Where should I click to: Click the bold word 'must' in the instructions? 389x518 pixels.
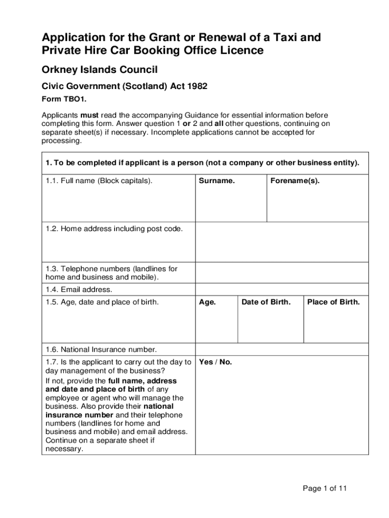click(x=90, y=115)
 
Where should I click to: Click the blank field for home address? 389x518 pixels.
click(x=281, y=242)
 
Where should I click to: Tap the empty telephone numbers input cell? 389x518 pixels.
click(x=281, y=273)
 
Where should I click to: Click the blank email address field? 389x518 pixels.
click(x=281, y=290)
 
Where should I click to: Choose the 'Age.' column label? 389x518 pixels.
click(x=208, y=302)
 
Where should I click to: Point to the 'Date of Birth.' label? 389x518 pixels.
click(x=266, y=302)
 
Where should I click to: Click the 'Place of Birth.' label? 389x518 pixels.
click(x=333, y=302)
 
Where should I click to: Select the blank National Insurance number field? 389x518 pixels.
click(x=281, y=350)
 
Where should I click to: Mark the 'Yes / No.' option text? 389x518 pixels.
click(x=216, y=362)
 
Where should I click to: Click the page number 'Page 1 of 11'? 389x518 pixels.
click(x=325, y=488)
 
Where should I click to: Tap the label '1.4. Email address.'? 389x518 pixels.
click(x=79, y=290)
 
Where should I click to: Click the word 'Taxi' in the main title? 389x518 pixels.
click(x=282, y=37)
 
